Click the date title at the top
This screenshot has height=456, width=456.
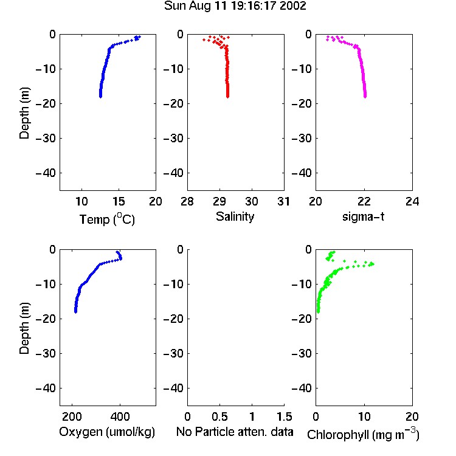click(235, 6)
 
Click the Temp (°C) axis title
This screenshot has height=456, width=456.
click(107, 219)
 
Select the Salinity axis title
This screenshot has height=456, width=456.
click(235, 216)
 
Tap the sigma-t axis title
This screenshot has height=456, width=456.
click(363, 216)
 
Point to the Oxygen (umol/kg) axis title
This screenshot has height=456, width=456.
click(107, 432)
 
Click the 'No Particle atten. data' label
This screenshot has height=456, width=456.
click(235, 432)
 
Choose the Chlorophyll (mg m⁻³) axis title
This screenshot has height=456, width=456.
click(363, 434)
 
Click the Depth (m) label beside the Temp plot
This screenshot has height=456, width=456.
click(24, 113)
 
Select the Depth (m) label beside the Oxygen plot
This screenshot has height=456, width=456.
click(24, 328)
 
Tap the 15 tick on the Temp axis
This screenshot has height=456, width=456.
click(119, 201)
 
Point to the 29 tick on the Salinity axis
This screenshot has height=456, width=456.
click(219, 201)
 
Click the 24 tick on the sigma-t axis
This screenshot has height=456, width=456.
click(412, 201)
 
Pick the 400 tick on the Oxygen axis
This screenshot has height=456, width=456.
click(120, 416)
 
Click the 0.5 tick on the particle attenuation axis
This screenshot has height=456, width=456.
click(220, 416)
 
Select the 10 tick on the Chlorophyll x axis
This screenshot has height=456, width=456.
click(364, 416)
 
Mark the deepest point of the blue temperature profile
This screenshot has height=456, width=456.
click(100, 97)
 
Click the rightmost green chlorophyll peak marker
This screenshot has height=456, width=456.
click(373, 264)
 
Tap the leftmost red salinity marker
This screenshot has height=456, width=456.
click(204, 40)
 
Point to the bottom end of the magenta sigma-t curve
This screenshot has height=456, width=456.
click(365, 97)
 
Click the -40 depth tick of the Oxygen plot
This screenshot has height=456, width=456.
click(46, 388)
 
